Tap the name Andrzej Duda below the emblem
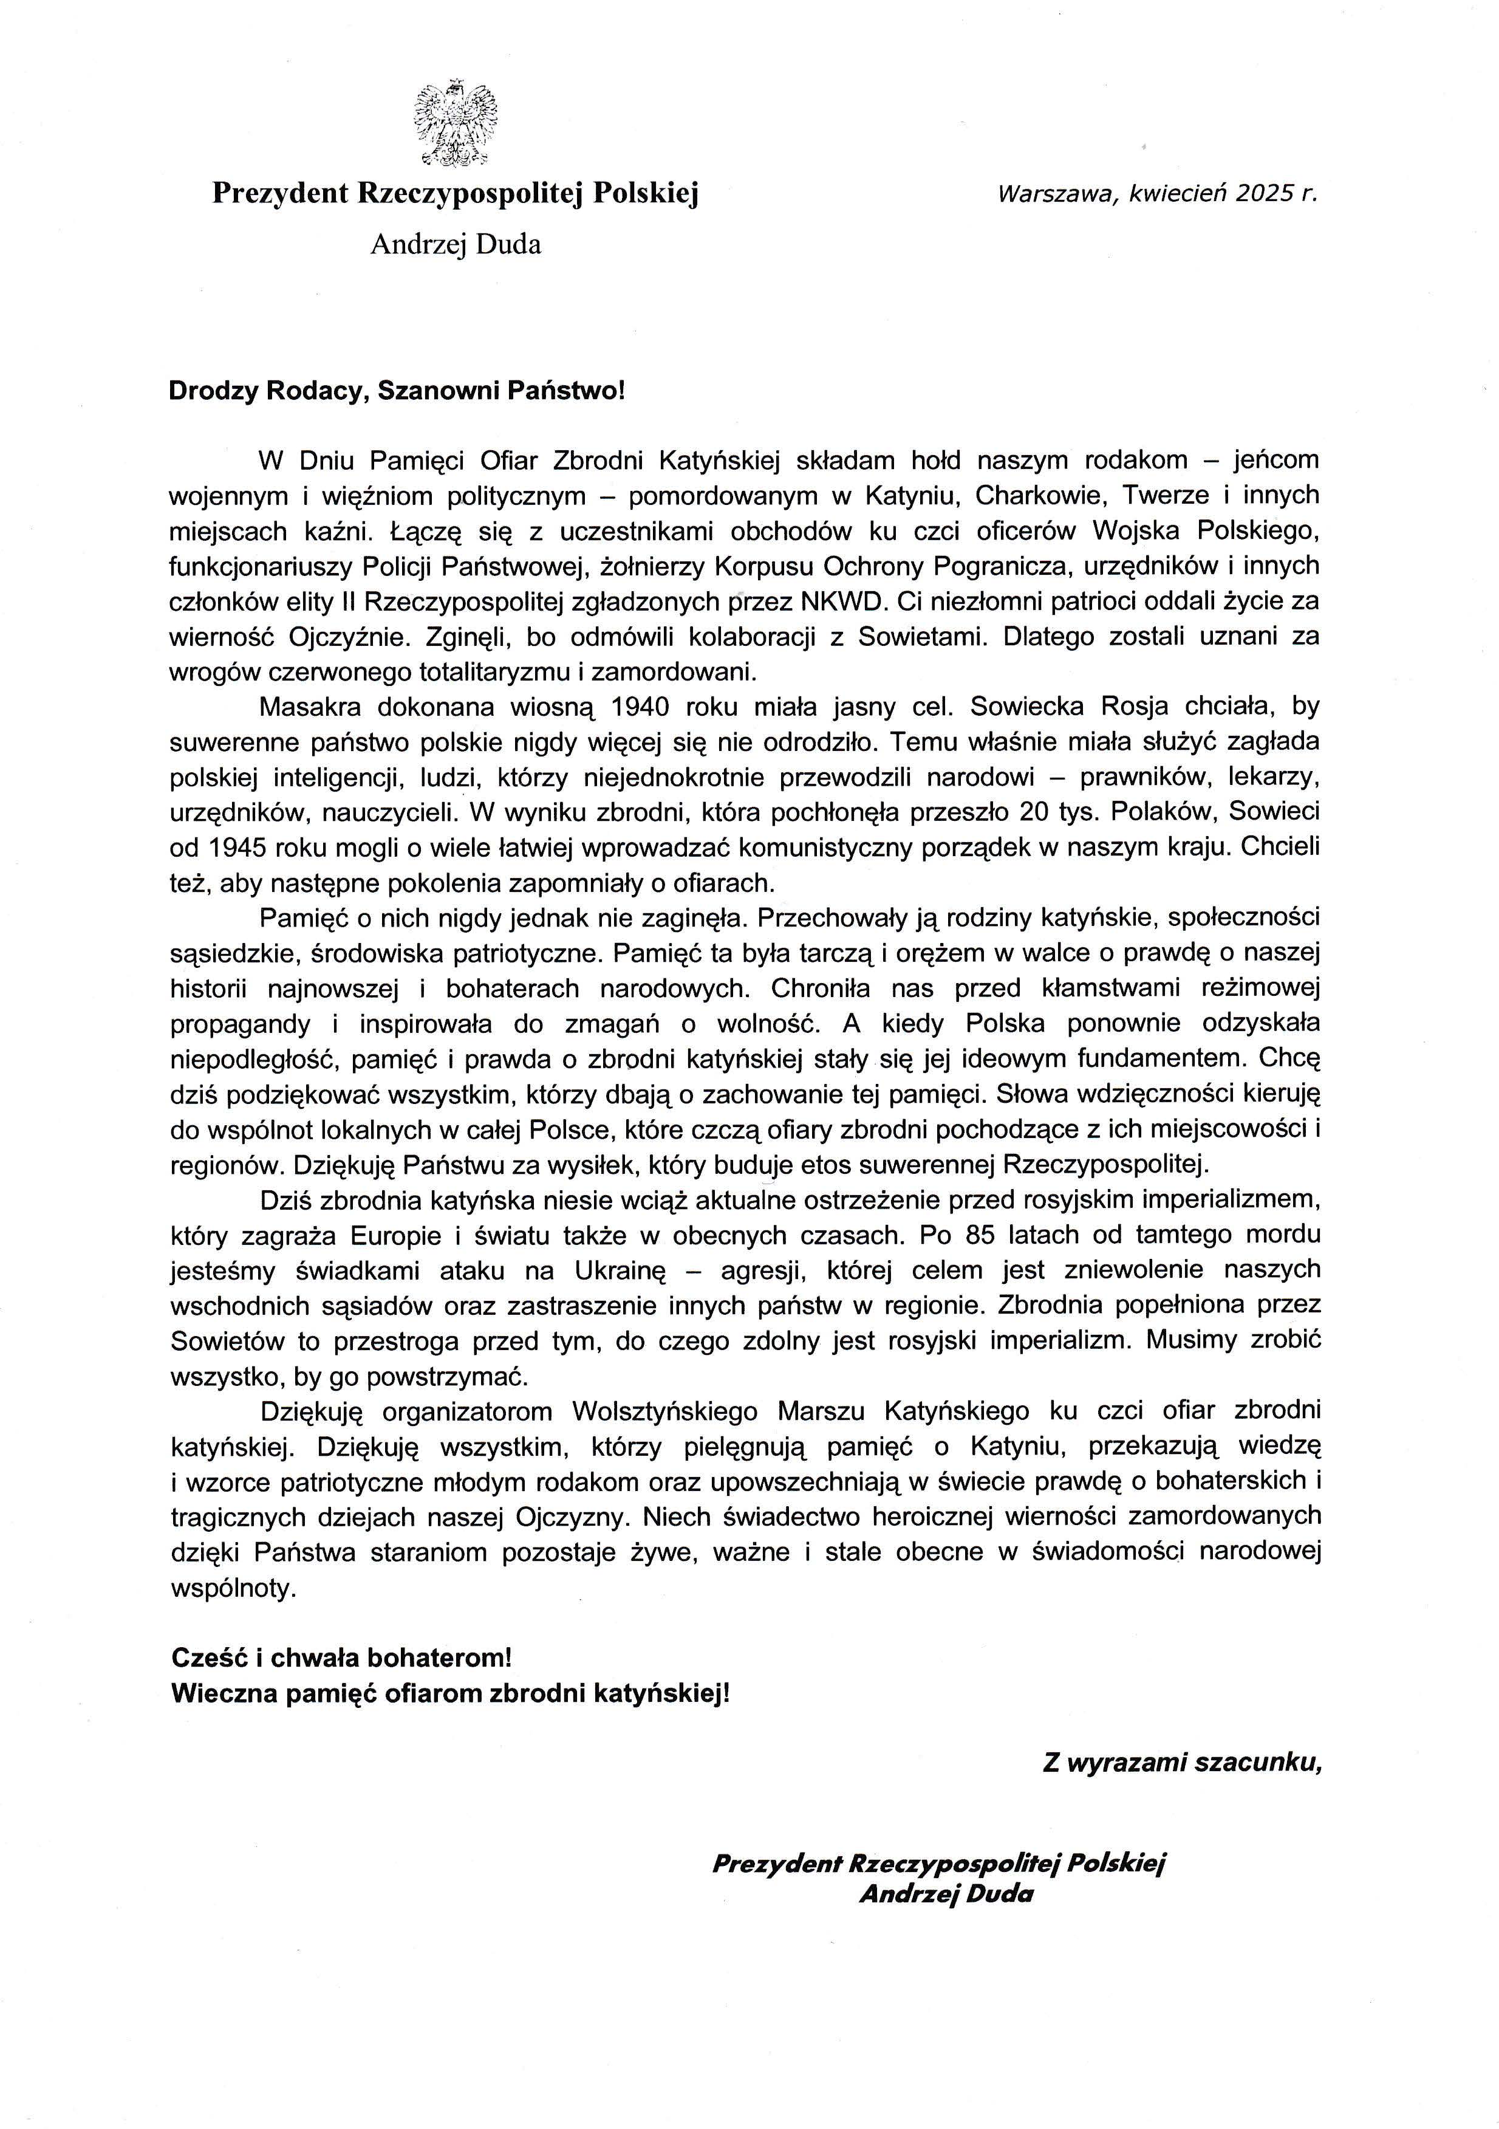(x=455, y=245)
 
